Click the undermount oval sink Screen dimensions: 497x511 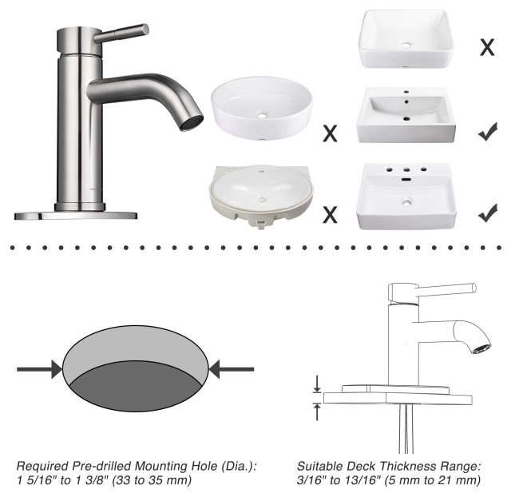click(x=260, y=196)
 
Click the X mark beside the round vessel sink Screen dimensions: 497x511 click(x=328, y=133)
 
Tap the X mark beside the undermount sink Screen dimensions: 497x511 click(x=328, y=213)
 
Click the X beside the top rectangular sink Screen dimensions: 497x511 click(x=486, y=47)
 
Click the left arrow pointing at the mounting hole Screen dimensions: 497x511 click(x=40, y=369)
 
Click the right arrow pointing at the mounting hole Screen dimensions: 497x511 click(x=232, y=369)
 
